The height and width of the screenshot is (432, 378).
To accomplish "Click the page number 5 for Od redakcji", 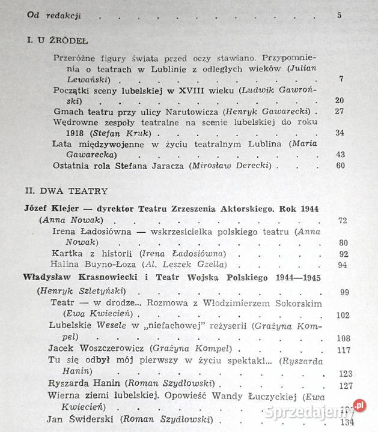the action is click(339, 15).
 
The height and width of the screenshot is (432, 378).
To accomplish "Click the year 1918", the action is click(63, 133).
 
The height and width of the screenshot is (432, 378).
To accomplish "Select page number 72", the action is click(343, 221).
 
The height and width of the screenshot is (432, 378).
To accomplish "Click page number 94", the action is click(344, 265).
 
